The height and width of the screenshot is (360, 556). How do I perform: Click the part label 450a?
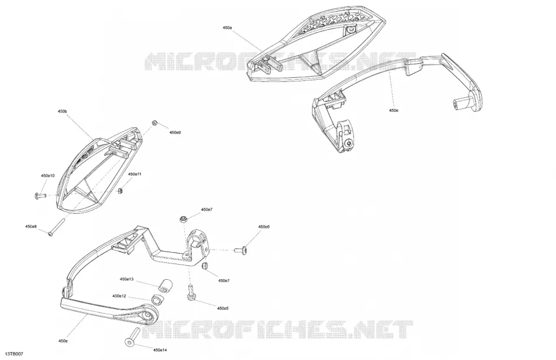tap(227, 28)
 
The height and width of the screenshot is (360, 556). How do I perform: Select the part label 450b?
tap(62, 111)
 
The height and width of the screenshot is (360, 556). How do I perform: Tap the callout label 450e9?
tap(175, 132)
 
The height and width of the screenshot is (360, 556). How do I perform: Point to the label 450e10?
tap(48, 176)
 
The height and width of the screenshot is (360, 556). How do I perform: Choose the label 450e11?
tap(135, 174)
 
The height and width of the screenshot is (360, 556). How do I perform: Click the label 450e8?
tap(31, 227)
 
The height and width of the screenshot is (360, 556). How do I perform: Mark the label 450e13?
tap(126, 279)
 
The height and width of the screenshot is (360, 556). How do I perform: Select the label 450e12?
tap(119, 296)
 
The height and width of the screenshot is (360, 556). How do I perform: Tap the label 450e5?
tap(222, 308)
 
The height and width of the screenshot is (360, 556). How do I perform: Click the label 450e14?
tap(160, 350)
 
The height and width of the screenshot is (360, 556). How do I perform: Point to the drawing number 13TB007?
tap(14, 354)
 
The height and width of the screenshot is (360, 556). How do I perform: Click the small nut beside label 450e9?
tap(155, 123)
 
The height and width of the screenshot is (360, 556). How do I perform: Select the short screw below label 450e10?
tap(40, 195)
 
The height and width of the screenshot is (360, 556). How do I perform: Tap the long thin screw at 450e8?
tap(56, 227)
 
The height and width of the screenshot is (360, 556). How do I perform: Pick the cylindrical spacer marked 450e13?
tap(164, 286)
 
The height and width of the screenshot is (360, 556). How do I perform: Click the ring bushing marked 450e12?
tap(157, 300)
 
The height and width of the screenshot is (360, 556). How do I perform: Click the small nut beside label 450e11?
tap(120, 191)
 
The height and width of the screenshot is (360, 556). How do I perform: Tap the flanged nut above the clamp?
tap(183, 219)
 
